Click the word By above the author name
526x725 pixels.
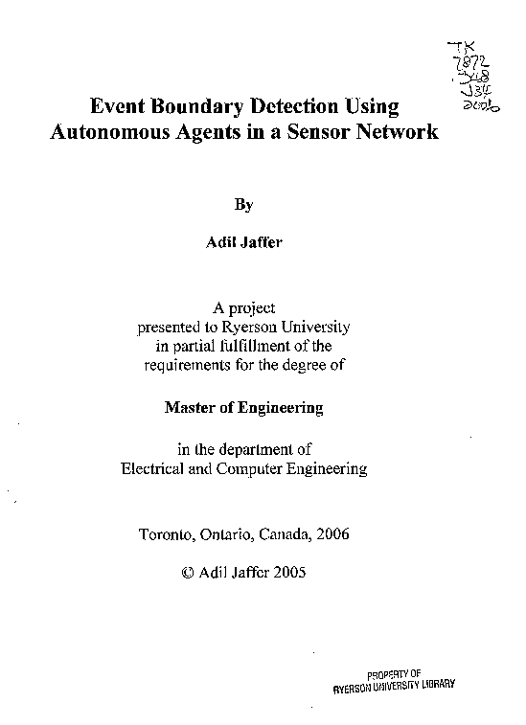click(244, 204)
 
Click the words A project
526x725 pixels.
click(244, 307)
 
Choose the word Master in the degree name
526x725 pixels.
click(189, 407)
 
